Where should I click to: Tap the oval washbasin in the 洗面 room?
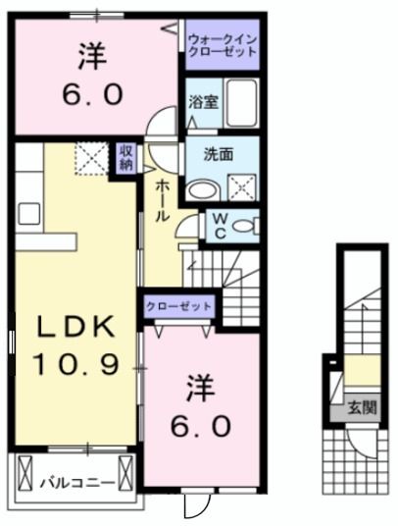pos(202,189)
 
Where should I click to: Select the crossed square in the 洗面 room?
pos(239,184)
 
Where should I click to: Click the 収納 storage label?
pos(126,157)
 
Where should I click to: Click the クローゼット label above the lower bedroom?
pos(179,306)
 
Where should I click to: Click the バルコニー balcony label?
pos(76,482)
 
